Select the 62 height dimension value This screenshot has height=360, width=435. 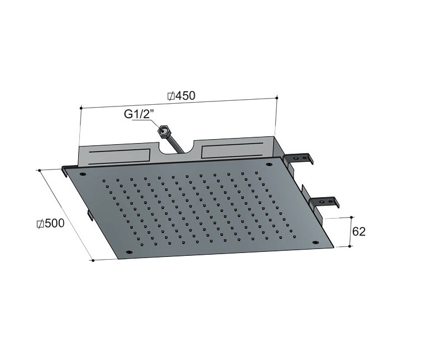(358, 232)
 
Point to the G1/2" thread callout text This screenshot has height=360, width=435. (138, 114)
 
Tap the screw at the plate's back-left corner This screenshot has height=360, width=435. (83, 174)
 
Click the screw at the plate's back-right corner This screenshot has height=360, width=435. (268, 165)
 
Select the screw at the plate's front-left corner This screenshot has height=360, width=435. (129, 252)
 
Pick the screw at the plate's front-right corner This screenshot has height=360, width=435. (315, 242)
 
